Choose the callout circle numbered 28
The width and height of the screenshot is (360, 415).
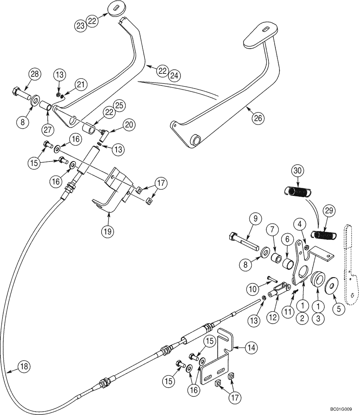pos(35,75)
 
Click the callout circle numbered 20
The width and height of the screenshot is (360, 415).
pos(129,124)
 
